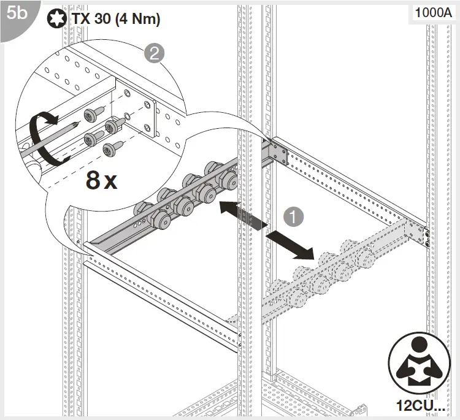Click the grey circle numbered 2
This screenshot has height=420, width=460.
(x=153, y=53)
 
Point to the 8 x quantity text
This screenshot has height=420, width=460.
(x=101, y=180)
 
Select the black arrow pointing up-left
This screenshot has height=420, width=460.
(x=237, y=212)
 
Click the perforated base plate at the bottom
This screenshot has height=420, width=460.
(x=307, y=392)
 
